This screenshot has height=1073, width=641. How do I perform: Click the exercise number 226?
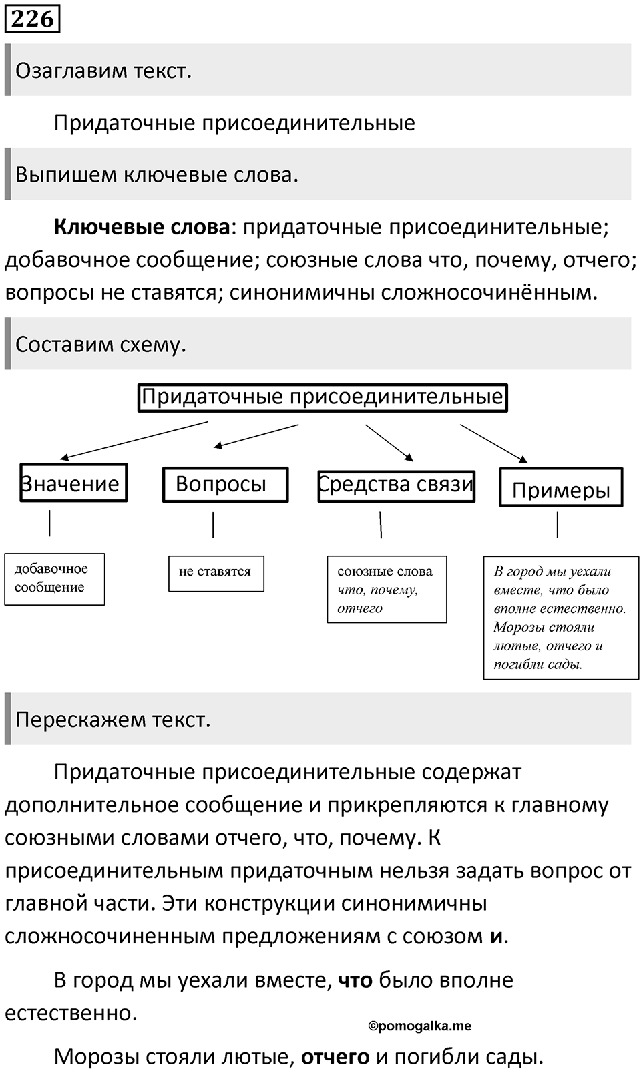pyautogui.click(x=32, y=19)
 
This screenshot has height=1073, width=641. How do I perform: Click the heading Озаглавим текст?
pyautogui.click(x=103, y=71)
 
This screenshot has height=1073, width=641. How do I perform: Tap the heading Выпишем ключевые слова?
pyautogui.click(x=157, y=175)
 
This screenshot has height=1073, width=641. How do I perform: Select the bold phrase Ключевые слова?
pyautogui.click(x=142, y=227)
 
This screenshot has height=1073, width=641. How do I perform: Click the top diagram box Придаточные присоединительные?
pyautogui.click(x=323, y=397)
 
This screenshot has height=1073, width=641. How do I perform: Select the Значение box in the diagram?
pyautogui.click(x=73, y=483)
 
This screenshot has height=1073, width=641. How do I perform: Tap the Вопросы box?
pyautogui.click(x=225, y=485)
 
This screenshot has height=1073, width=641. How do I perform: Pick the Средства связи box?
pyautogui.click(x=396, y=486)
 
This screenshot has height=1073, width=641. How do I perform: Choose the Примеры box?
pyautogui.click(x=561, y=487)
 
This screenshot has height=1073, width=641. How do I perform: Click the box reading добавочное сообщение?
pyautogui.click(x=55, y=579)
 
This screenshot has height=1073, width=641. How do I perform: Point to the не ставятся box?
pyautogui.click(x=216, y=574)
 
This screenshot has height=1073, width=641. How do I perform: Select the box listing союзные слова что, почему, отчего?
pyautogui.click(x=387, y=589)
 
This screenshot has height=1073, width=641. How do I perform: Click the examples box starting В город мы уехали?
pyautogui.click(x=561, y=618)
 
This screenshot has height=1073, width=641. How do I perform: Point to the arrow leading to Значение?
pyautogui.click(x=134, y=440)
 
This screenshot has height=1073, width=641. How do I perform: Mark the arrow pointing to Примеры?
pyautogui.click(x=494, y=443)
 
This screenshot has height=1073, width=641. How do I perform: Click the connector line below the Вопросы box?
pyautogui.click(x=213, y=525)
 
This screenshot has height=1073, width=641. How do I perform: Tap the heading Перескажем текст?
pyautogui.click(x=113, y=720)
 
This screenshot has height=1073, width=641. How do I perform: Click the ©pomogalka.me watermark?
pyautogui.click(x=420, y=1026)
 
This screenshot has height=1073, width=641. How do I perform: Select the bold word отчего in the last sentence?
pyautogui.click(x=335, y=1056)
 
